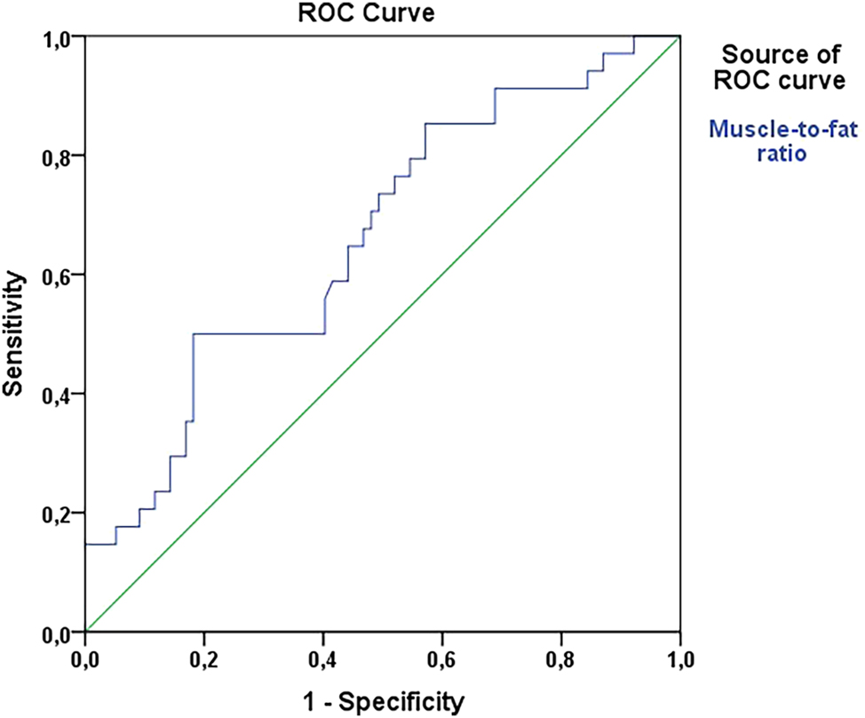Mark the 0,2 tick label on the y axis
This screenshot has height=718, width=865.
click(x=60, y=514)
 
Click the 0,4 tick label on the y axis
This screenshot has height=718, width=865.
click(x=60, y=395)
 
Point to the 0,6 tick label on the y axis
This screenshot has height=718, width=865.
click(x=60, y=275)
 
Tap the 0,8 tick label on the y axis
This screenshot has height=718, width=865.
click(x=60, y=156)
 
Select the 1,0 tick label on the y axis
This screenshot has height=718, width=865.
click(x=60, y=37)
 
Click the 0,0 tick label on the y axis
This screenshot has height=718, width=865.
click(x=60, y=633)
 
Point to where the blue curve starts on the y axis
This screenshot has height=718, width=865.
click(x=86, y=544)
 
